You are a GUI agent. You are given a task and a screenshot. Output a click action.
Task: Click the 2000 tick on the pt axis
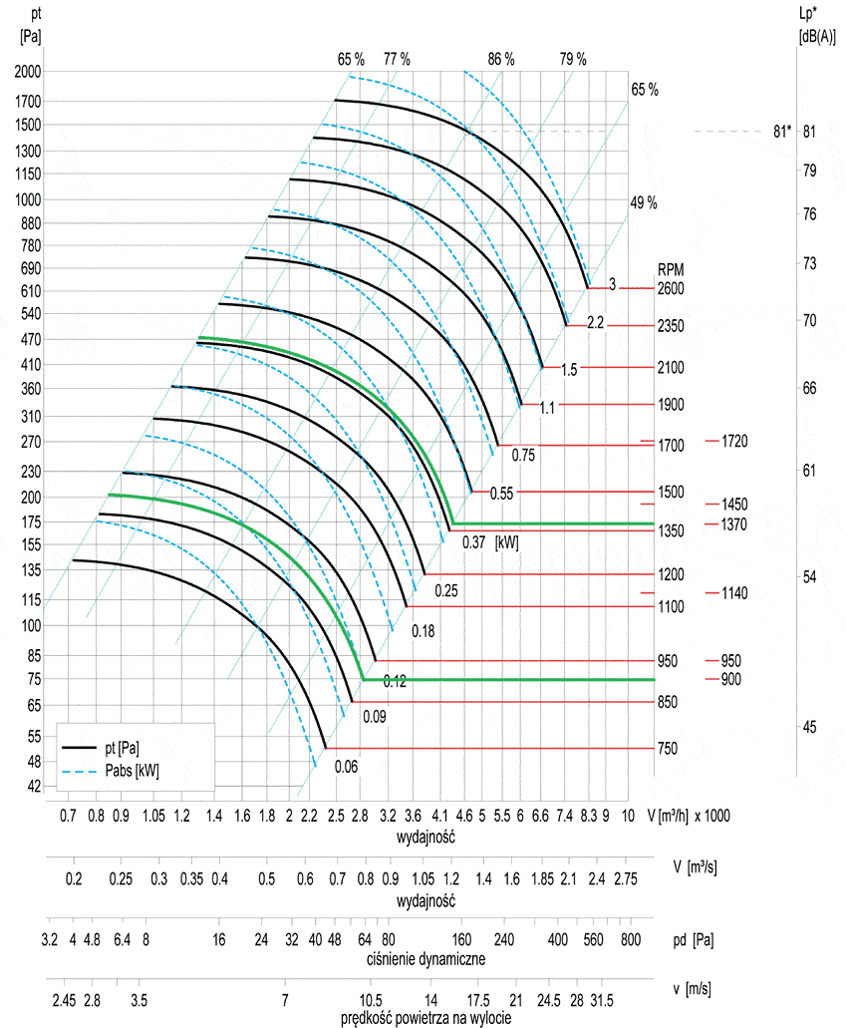tap(28, 72)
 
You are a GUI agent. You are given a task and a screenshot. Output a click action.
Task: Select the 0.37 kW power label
tap(473, 541)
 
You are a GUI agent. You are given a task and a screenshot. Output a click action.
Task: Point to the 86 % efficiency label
tap(501, 59)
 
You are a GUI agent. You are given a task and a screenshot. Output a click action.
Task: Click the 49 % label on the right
tap(645, 202)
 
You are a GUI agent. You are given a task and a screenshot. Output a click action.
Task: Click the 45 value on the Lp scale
tap(809, 727)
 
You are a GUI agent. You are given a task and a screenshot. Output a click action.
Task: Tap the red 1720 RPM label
tap(734, 440)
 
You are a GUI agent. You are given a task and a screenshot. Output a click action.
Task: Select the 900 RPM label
tap(731, 679)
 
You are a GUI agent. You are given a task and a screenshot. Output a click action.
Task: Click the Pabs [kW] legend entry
tap(132, 770)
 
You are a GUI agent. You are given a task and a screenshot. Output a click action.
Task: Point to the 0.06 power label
tap(346, 767)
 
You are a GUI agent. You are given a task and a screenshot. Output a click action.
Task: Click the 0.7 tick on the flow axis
tap(69, 815)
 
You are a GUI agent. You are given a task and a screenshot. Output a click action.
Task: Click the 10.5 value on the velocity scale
tap(370, 999)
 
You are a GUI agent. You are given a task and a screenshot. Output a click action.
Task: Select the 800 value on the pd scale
tap(630, 939)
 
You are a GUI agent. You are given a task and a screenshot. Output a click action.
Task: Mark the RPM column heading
tap(670, 270)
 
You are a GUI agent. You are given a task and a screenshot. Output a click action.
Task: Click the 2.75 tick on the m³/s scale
tap(626, 878)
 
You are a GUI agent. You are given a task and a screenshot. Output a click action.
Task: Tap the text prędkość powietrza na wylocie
tap(426, 1018)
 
